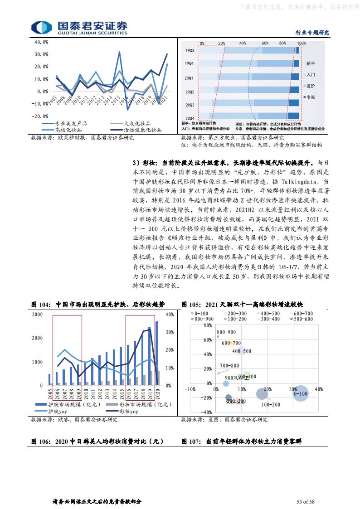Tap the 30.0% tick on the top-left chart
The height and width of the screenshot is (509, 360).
coord(41,54)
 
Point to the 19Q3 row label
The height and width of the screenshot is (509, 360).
coord(190,50)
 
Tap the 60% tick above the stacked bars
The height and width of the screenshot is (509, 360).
coord(265,43)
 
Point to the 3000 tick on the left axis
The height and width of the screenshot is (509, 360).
coord(38,314)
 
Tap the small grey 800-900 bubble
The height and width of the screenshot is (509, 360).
coord(218,337)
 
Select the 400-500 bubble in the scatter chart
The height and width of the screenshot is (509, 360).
coord(242,350)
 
